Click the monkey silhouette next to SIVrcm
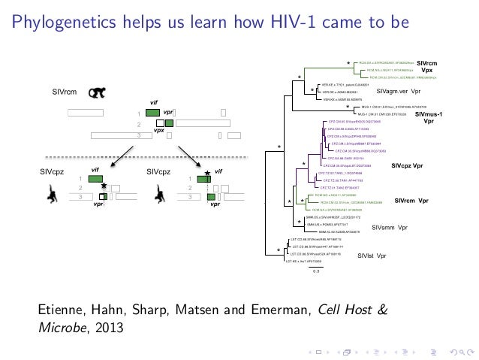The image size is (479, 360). (x=97, y=92)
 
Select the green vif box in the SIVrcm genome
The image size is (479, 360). (x=152, y=113)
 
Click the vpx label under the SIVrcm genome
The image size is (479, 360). (x=158, y=129)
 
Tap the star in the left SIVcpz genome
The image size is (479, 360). (x=104, y=186)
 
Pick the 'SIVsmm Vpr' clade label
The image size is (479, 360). (x=390, y=227)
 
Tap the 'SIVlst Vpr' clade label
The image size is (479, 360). (x=372, y=256)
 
